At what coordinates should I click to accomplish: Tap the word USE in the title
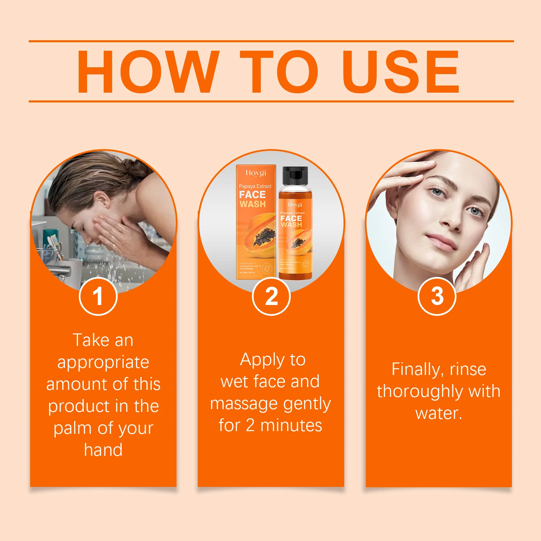tap(401, 72)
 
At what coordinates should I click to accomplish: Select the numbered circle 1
tap(98, 296)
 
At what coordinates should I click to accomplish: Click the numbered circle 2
tap(271, 296)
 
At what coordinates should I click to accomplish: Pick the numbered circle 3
tap(437, 296)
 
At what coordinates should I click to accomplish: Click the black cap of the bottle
tap(295, 175)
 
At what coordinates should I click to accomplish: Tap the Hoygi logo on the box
tap(256, 173)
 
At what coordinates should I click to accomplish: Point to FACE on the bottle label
tap(291, 218)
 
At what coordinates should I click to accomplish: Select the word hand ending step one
tap(103, 450)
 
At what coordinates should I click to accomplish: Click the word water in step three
tap(438, 413)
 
